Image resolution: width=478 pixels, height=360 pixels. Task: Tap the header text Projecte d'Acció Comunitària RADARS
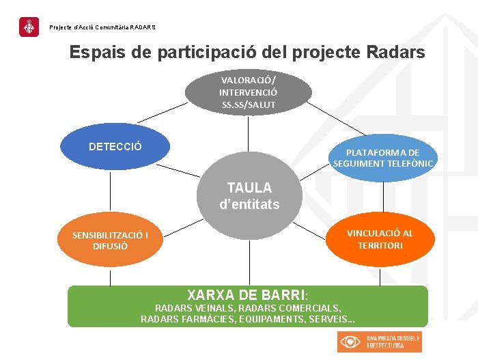tap(102, 27)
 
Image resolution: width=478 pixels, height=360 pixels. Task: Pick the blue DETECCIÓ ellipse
tap(114, 146)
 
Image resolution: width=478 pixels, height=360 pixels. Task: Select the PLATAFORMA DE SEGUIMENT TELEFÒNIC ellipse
tap(382, 158)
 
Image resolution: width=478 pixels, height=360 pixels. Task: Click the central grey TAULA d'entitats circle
tap(249, 195)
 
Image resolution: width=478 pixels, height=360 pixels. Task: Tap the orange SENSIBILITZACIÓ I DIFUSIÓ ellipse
tap(110, 240)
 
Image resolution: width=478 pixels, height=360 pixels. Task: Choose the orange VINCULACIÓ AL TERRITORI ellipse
tap(380, 238)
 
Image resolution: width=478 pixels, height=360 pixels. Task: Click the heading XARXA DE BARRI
tap(246, 295)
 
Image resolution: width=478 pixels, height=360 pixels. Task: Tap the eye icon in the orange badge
tap(351, 342)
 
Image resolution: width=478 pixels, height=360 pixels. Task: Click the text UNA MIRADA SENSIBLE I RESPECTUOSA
tap(393, 342)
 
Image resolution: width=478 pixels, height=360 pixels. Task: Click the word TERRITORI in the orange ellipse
tap(380, 245)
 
